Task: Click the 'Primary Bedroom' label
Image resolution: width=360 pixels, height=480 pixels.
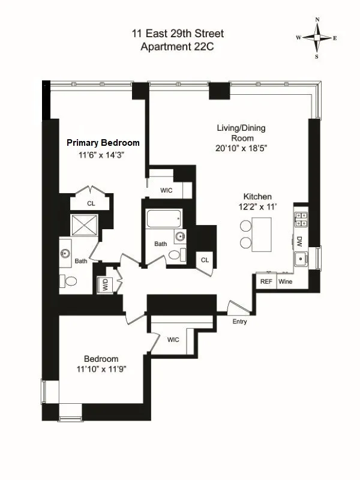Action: [x=103, y=143]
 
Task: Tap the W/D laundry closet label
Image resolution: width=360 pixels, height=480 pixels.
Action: [x=106, y=285]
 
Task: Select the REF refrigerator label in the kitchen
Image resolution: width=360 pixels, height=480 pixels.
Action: [x=265, y=281]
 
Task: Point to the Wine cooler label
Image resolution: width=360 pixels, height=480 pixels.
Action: [x=285, y=281]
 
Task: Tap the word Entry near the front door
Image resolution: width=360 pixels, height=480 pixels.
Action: [x=239, y=322]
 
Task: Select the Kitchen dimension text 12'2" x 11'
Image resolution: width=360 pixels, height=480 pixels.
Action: [x=257, y=207]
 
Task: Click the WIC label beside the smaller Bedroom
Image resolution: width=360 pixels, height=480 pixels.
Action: [x=173, y=340]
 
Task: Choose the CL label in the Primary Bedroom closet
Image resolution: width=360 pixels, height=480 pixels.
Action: [x=91, y=204]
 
